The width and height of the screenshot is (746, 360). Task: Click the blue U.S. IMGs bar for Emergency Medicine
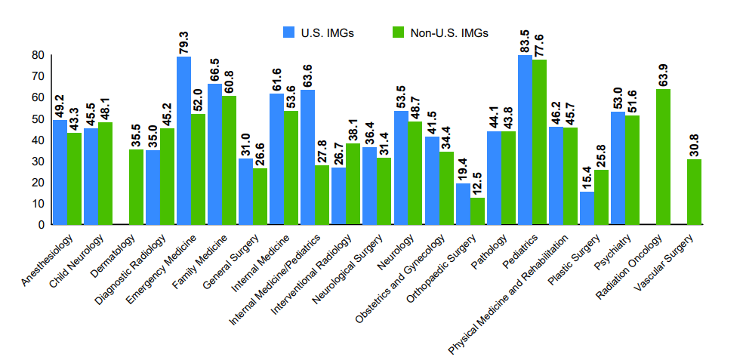(183, 140)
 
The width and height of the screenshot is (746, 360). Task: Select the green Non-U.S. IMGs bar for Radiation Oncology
(664, 156)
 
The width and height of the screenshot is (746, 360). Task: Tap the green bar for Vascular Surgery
(695, 192)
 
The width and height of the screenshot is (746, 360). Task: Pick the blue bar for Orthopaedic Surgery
(463, 204)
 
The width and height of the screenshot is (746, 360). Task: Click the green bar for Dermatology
(136, 186)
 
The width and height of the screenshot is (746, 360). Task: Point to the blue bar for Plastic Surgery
(587, 208)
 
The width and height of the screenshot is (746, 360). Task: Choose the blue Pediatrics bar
(525, 140)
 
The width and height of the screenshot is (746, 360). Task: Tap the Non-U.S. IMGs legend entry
(441, 32)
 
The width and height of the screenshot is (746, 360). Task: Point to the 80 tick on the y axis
(38, 55)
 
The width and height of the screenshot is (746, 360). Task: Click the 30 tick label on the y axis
(38, 161)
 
